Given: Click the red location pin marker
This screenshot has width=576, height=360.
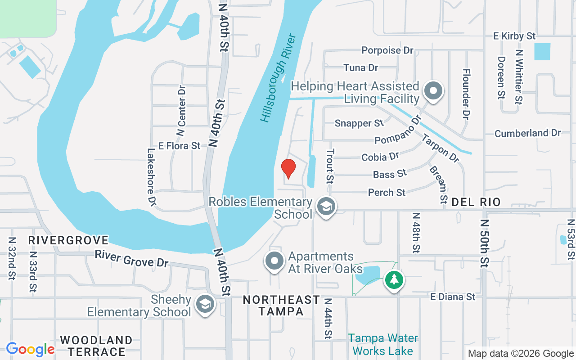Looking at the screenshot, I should coord(288,169).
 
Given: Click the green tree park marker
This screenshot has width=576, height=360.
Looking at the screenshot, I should coord(394,280).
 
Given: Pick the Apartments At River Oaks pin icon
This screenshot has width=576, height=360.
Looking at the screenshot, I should coord(274,261).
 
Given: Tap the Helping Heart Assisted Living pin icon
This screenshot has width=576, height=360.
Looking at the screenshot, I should coord(433,90).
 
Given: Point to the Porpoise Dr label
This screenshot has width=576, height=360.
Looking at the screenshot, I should coord(387,50).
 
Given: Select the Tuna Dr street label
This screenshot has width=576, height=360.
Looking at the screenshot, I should coord(360,67).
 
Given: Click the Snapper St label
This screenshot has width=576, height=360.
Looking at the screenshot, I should coord(359,123).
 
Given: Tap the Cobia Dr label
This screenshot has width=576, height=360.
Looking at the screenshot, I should coord(380,157).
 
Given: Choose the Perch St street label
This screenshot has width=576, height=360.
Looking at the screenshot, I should coord(387,192).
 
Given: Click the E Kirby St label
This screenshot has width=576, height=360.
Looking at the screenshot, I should coord(514,36).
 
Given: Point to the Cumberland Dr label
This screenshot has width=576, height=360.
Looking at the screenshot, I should coord(527,133).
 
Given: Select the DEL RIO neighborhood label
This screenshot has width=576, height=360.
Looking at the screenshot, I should coord(476,202).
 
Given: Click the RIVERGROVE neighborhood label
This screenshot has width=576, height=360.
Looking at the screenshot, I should coord(68,240).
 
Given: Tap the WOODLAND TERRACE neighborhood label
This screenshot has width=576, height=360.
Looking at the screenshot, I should coord(96,346).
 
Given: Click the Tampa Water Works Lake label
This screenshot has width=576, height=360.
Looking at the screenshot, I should coord(383,344).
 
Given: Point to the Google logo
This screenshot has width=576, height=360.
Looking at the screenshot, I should coord(30,349).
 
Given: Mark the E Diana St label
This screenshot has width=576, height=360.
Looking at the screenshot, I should coord(453,297).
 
